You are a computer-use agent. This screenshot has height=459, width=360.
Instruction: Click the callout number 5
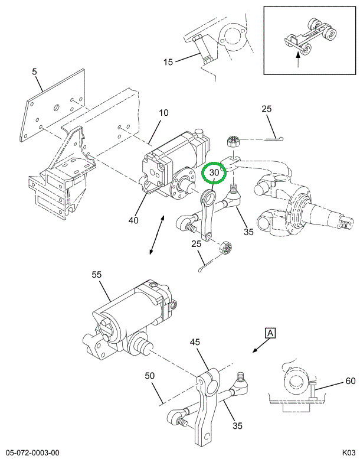(x=34, y=73)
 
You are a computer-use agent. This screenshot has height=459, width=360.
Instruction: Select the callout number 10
(x=163, y=113)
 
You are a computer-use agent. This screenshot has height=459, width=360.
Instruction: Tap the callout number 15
(x=169, y=61)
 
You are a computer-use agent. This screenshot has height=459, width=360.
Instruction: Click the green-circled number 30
(x=214, y=173)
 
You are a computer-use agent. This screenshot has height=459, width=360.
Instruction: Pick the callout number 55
(x=96, y=275)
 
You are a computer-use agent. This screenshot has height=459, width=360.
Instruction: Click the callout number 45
(x=195, y=343)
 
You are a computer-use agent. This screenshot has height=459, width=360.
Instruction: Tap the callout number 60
(x=350, y=381)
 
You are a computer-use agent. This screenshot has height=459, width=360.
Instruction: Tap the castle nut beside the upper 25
(x=233, y=142)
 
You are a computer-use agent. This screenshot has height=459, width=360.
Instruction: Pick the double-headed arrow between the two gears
(x=157, y=236)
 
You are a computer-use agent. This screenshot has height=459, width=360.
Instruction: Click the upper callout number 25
(x=266, y=109)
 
